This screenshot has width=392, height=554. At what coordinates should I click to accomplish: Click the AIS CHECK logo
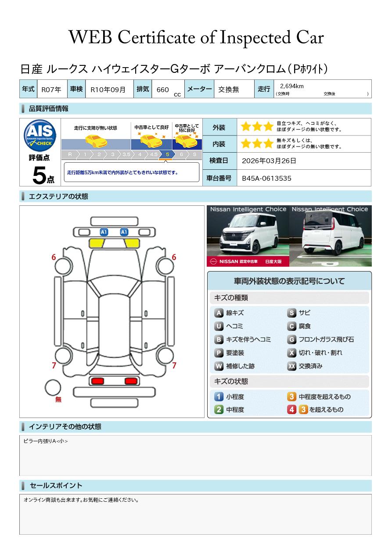40,136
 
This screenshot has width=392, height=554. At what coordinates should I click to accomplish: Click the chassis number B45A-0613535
266,179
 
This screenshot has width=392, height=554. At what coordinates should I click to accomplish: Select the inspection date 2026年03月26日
269,161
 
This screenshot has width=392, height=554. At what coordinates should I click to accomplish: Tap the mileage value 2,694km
292,86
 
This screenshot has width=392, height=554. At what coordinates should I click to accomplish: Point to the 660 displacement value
162,89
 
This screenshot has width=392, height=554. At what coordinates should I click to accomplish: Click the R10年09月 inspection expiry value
108,89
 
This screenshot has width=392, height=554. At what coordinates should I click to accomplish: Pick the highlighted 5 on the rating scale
168,154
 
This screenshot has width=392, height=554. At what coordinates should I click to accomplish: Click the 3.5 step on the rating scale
126,154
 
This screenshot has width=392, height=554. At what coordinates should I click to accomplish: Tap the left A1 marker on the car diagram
104,232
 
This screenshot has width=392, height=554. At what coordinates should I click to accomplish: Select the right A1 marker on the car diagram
124,232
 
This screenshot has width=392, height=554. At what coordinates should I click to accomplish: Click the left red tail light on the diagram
97,381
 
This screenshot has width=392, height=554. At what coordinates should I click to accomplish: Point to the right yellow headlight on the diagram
132,243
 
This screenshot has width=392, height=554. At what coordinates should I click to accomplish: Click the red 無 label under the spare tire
58,399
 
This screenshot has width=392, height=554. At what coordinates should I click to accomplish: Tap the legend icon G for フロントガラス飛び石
292,340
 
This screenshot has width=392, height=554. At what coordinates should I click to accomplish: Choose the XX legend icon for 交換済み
292,366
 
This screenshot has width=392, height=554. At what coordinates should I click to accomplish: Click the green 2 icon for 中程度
219,410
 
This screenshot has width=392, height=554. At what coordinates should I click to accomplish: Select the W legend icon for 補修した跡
219,366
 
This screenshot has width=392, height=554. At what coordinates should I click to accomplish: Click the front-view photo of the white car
248,236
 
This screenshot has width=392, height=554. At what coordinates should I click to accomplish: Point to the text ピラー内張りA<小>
46,441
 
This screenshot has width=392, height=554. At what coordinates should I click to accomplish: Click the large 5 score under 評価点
39,175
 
